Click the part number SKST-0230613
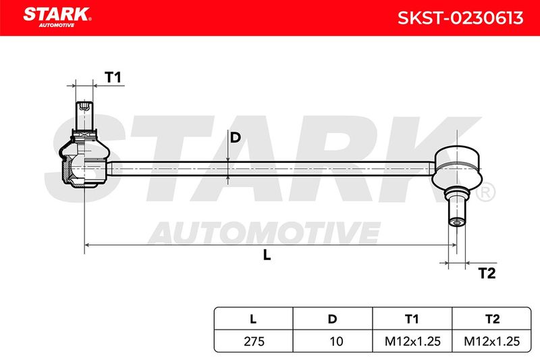pos(460,18)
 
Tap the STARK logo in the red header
pos(57,17)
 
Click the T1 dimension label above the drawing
pos(113,78)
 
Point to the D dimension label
pos(235,138)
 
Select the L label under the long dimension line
pos(267,255)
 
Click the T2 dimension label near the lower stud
pos(487,273)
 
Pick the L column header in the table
pos(253,319)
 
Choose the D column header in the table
pos(332,319)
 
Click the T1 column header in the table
pos(412,319)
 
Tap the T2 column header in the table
pos(492,319)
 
